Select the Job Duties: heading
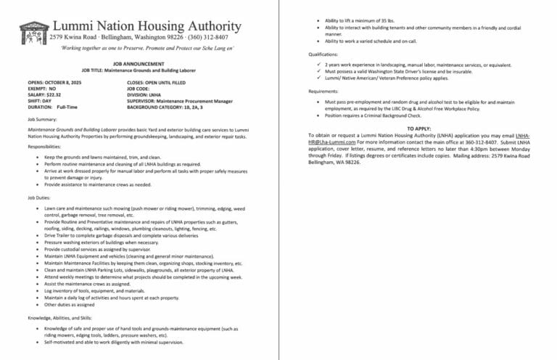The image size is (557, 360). click(39, 197)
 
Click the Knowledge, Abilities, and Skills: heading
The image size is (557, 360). click(59, 317)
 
